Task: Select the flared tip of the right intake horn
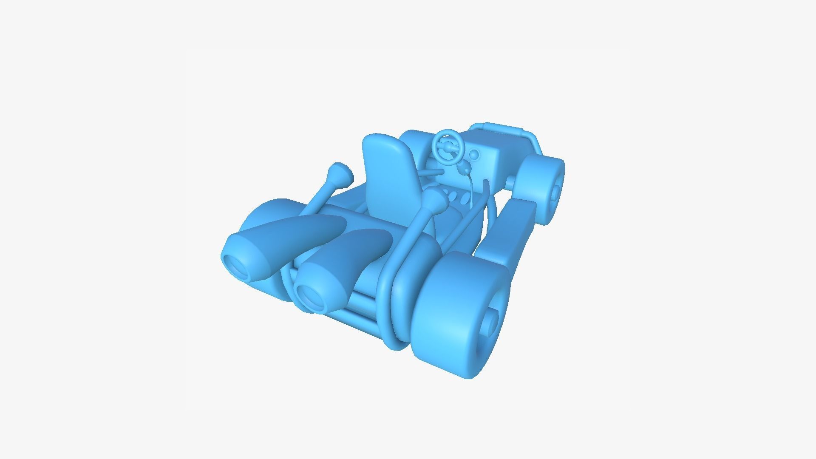(433, 200)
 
